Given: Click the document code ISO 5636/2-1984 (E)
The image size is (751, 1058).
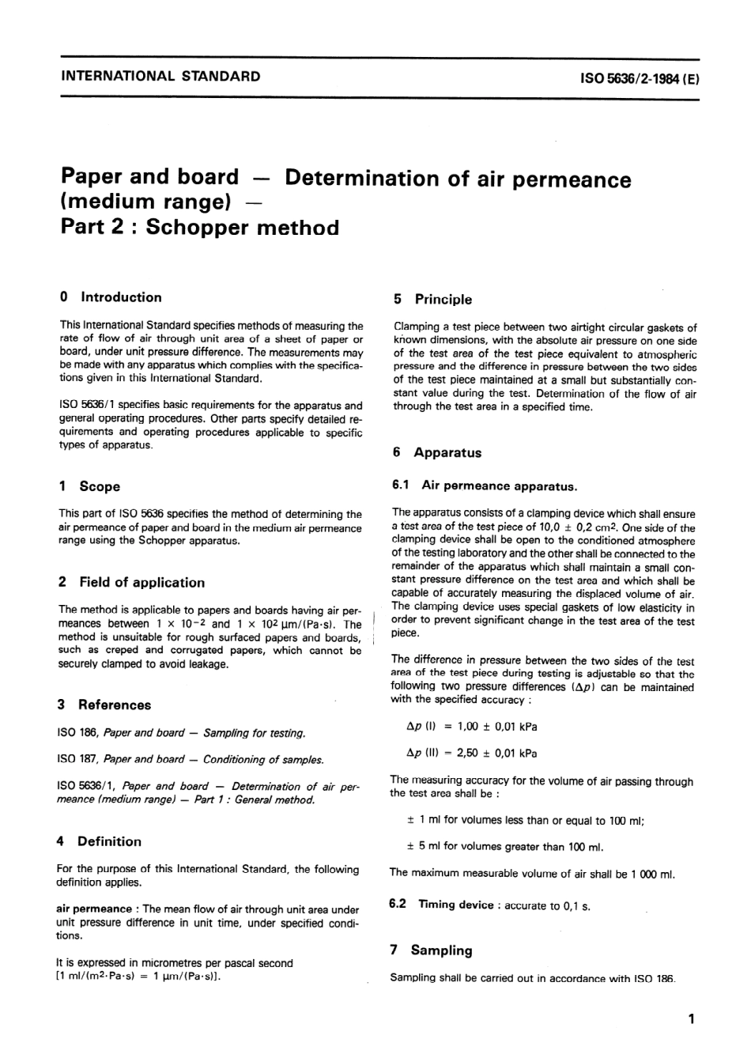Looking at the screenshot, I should (640, 78).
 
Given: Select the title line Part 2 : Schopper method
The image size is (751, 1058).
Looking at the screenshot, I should (199, 228).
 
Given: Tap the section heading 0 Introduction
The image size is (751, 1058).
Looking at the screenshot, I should (110, 297).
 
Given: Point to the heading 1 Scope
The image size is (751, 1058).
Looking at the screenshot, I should (89, 486).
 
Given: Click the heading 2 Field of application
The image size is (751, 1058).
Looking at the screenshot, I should (131, 582).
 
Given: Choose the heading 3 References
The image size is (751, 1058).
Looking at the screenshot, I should (104, 705).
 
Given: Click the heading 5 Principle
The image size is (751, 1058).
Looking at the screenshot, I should (432, 299).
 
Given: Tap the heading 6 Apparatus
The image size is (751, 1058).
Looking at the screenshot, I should (437, 452).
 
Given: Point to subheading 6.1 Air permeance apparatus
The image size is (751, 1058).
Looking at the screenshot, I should (485, 486).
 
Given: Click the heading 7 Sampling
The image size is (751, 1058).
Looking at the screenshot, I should (431, 950).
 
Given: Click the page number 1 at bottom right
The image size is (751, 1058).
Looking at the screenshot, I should (691, 1019).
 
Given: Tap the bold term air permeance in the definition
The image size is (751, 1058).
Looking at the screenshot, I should (94, 909).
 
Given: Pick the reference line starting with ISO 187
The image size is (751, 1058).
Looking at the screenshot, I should (190, 759).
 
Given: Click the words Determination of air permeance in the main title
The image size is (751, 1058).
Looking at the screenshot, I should (458, 179).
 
